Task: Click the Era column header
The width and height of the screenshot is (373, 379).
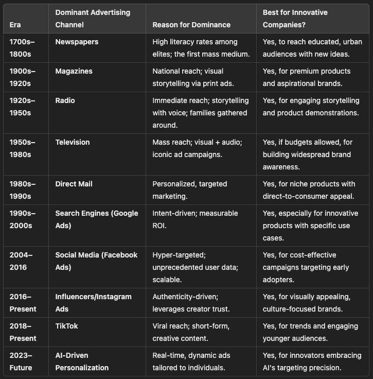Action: pyautogui.click(x=15, y=25)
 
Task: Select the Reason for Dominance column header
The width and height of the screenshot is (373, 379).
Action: pyautogui.click(x=191, y=25)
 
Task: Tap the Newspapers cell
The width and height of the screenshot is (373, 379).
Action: pyautogui.click(x=77, y=42)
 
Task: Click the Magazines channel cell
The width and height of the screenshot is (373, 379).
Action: pyautogui.click(x=74, y=71)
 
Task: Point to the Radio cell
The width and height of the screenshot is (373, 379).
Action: pyautogui.click(x=65, y=100)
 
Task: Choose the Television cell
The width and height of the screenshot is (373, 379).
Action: pyautogui.click(x=73, y=142)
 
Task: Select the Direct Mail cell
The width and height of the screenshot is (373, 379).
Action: pyautogui.click(x=74, y=184)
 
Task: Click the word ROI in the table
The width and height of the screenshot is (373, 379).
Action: pyautogui.click(x=160, y=226)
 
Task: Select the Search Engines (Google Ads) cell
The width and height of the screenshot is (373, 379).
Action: pyautogui.click(x=97, y=219)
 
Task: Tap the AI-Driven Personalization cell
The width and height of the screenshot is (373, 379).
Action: pyautogui.click(x=82, y=361)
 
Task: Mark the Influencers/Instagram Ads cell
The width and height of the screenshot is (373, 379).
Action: pyautogui.click(x=93, y=303)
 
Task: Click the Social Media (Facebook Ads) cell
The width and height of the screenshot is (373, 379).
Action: pyautogui.click(x=96, y=261)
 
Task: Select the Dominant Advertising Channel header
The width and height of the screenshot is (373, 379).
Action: pyautogui.click(x=93, y=19)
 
